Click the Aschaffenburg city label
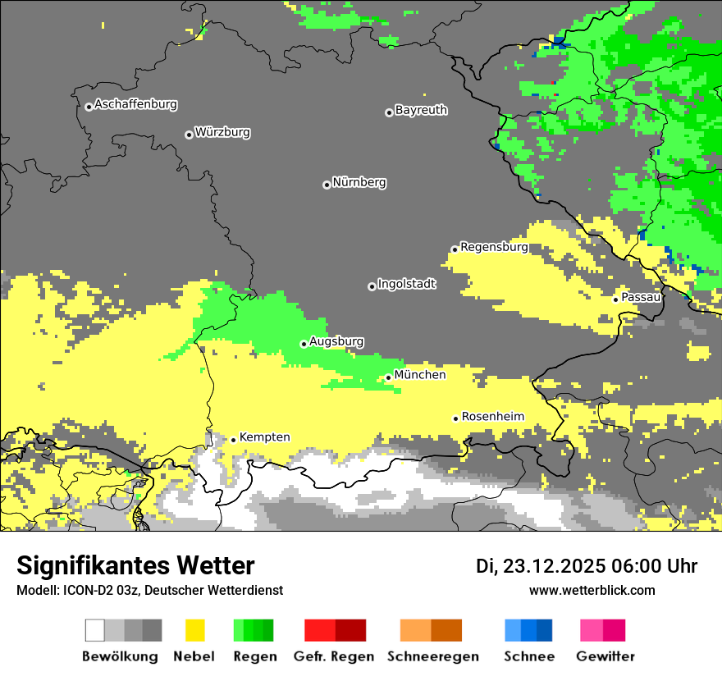135,105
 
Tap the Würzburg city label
222,132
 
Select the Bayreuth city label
421,110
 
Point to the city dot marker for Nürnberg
327,185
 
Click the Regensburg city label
494,247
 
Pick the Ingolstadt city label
407,284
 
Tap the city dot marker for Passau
615,299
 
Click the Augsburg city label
336,341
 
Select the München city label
420,375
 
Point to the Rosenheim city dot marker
455,418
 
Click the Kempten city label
264,437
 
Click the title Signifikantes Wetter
135,566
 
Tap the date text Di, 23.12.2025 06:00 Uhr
587,566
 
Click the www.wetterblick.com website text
592,591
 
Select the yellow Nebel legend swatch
195,630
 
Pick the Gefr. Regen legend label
334,656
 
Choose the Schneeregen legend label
432,656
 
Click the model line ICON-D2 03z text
149,591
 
